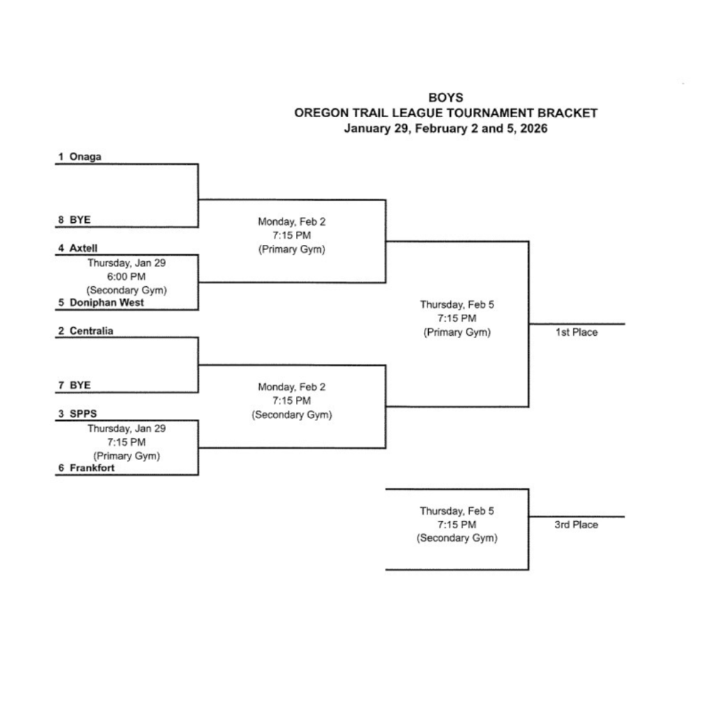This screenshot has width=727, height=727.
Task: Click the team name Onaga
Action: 85,157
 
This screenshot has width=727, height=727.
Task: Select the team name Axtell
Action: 84,248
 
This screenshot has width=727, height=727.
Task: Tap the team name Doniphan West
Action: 106,302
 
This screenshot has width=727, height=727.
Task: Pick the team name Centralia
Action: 91,331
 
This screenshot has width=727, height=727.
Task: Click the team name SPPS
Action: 82,414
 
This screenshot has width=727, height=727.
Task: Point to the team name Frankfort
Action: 92,469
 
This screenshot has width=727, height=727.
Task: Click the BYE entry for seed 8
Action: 80,220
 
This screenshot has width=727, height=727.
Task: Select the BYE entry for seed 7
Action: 80,386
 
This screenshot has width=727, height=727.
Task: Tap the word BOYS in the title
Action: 445,98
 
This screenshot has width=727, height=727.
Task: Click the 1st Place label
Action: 576,332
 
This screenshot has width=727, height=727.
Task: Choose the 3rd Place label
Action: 576,525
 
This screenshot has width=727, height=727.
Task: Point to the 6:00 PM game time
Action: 126,276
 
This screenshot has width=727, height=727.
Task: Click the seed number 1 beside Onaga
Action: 61,157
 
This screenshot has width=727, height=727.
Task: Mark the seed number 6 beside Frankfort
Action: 61,469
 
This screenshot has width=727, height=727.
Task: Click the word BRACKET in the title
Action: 567,113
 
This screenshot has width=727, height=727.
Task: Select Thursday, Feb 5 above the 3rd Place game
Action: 457,511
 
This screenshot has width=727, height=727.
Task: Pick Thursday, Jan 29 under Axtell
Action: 126,263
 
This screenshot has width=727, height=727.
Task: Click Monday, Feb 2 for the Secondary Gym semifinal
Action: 291,387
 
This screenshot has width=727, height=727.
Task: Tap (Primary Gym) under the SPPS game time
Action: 126,456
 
